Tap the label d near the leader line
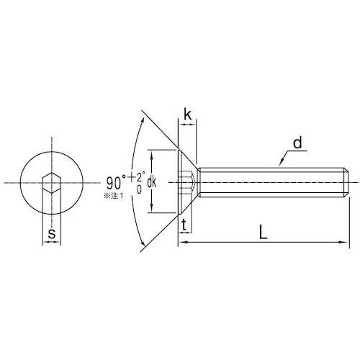pos(297,143)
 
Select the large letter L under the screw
pos(264,232)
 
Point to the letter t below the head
pos(184,225)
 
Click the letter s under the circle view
pos(52,233)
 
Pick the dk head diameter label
pos(151,183)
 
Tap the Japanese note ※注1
pos(113,196)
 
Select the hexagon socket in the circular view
pos(52,183)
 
